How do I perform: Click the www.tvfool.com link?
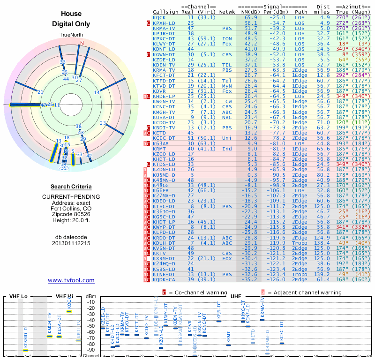coord(71,280)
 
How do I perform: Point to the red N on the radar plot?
coord(82,44)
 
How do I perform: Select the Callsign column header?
coord(165,11)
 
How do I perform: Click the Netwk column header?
coord(227,11)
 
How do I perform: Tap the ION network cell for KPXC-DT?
coord(227,38)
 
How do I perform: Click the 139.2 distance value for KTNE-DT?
coord(322,274)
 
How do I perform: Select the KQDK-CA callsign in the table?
coord(164,279)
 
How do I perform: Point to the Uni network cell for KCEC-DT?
coord(227,138)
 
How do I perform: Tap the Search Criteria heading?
coord(71,187)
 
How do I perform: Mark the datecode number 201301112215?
coord(71,243)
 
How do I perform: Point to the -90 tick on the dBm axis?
coord(90,350)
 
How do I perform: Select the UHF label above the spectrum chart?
coord(237,296)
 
